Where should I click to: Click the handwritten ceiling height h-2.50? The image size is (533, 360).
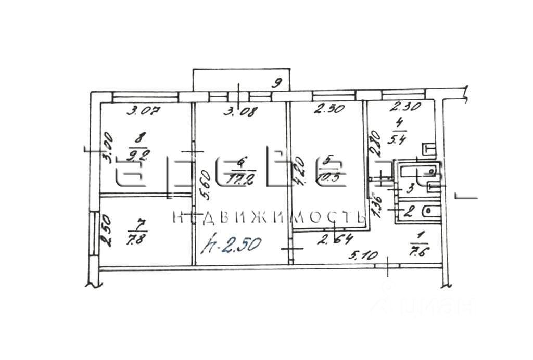pos(233,244)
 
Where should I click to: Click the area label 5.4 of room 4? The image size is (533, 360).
pos(400,139)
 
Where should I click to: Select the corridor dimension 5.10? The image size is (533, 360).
pos(362,255)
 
